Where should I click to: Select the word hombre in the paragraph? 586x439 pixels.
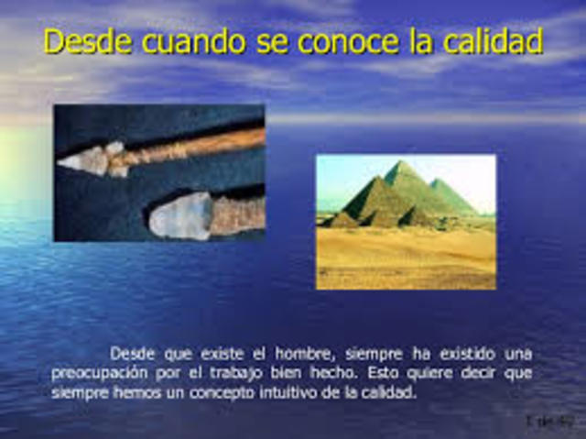[x=284, y=353]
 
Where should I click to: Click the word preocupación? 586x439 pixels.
[x=103, y=373]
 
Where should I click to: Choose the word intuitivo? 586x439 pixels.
[x=266, y=392]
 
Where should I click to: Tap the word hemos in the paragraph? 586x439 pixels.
[x=125, y=392]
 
